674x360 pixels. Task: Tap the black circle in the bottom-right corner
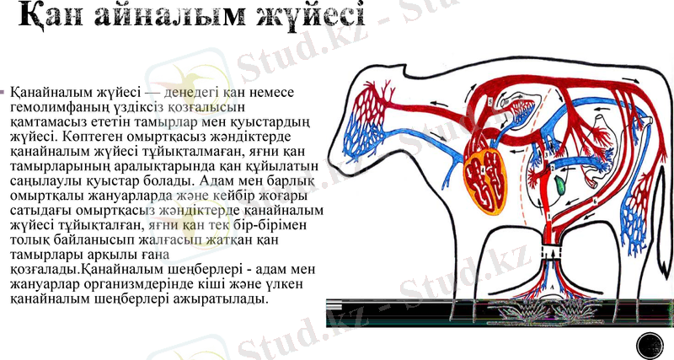[650, 345]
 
